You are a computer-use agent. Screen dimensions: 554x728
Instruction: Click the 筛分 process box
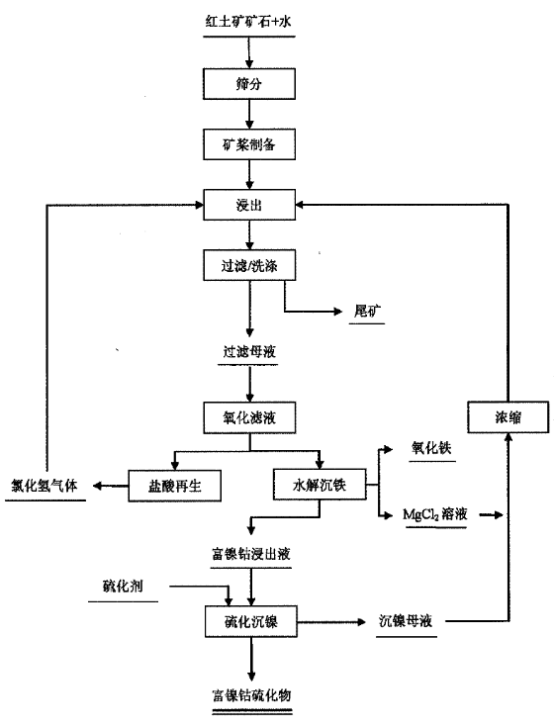pos(249,84)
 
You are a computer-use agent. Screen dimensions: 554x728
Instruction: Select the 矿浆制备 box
pos(249,144)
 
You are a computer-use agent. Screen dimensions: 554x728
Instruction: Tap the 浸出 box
pos(249,205)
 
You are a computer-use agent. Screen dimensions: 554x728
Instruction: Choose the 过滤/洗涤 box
pos(249,265)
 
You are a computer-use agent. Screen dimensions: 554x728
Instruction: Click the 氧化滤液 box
pos(249,417)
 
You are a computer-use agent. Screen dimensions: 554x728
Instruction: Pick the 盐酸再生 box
pos(174,486)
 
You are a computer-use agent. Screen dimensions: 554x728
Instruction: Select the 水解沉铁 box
pos(320,485)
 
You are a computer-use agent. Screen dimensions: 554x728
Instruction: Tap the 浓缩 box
pos(508,417)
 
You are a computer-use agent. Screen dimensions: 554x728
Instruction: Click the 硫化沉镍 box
pos(250,621)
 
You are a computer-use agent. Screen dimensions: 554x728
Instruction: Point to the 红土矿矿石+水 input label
pos(248,22)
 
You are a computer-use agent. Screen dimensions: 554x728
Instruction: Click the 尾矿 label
pos(367,311)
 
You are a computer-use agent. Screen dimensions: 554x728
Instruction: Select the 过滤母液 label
pos(249,351)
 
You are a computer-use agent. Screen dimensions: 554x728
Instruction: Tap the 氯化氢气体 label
pos(45,486)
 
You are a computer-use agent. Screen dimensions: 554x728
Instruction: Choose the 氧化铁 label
pos(431,447)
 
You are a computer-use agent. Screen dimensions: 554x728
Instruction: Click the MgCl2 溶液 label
pos(435,514)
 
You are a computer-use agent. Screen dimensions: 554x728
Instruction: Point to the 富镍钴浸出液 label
pos(251,554)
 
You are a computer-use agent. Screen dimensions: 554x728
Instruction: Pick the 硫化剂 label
pos(123,586)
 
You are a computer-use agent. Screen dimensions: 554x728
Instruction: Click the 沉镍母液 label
pos(406,621)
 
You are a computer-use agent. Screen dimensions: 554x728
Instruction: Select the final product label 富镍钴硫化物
pos(251,695)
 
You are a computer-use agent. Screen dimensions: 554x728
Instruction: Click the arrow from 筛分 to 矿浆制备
pos(249,114)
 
